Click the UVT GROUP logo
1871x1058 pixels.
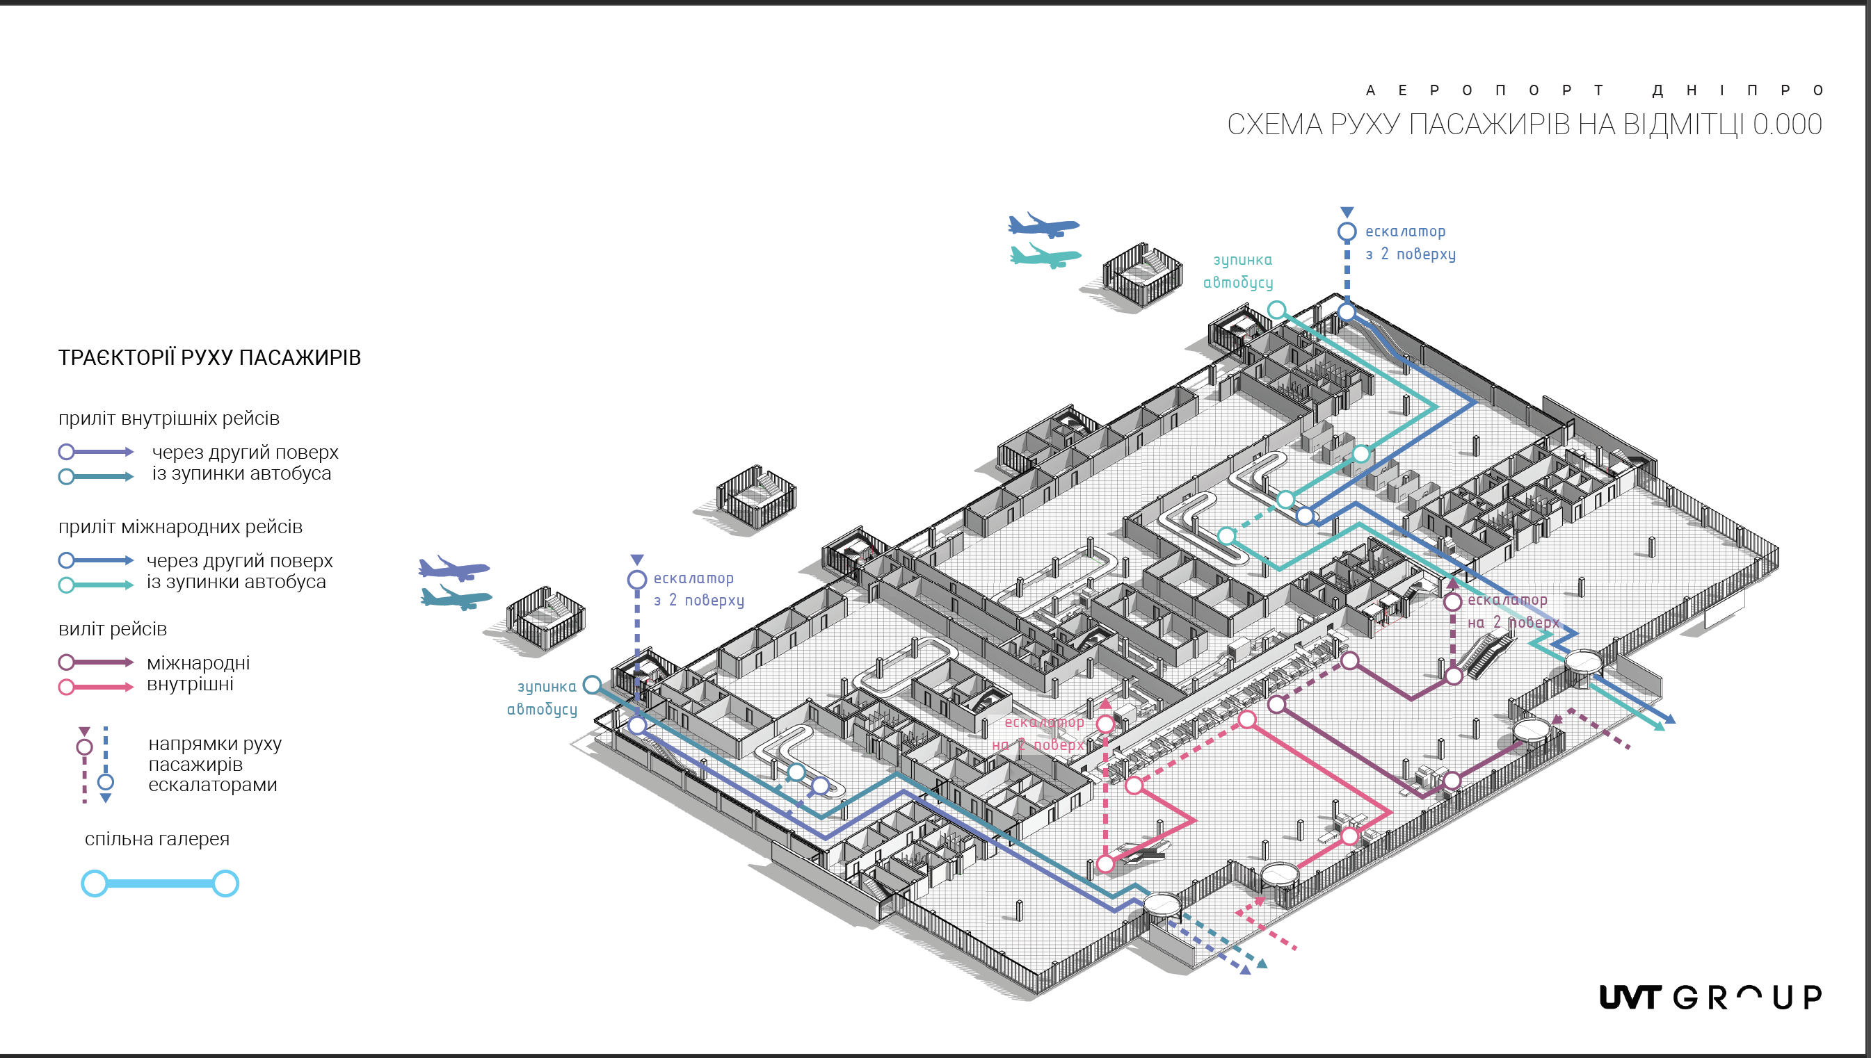(x=1710, y=997)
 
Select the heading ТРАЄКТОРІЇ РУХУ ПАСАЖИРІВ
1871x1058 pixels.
(x=209, y=357)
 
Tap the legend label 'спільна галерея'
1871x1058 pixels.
(x=157, y=838)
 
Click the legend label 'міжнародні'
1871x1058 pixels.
(x=198, y=662)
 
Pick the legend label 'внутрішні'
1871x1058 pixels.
(x=190, y=684)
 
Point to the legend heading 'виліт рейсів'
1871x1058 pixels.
(x=113, y=628)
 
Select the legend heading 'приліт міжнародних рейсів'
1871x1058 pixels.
(x=180, y=526)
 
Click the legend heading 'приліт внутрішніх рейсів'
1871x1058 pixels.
(x=168, y=418)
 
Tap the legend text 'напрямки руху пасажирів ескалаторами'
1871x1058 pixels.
(x=214, y=764)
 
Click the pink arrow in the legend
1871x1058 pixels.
(x=96, y=687)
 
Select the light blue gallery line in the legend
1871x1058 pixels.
(x=159, y=884)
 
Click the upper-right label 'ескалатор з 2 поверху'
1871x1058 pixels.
(x=1409, y=243)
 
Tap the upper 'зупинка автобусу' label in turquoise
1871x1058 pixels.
(x=1239, y=271)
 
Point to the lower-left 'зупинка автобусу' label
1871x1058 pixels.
(x=543, y=698)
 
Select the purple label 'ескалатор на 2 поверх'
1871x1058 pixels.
(x=1513, y=611)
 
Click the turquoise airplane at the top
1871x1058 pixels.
(x=1045, y=257)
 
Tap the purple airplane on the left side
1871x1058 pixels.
(x=453, y=568)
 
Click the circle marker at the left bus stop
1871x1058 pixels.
(x=593, y=685)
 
